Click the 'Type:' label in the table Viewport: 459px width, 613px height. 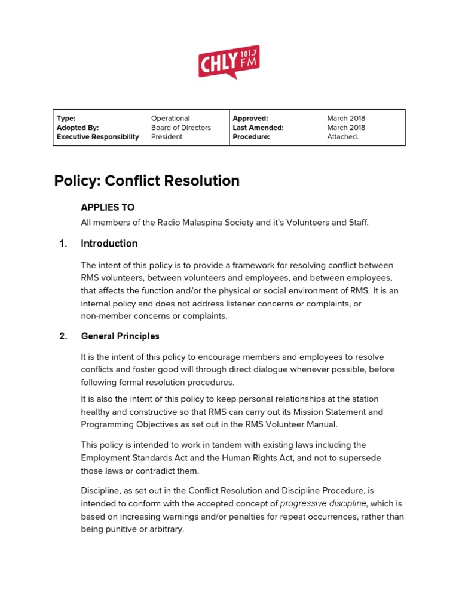click(66, 119)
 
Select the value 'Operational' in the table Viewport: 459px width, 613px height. click(170, 119)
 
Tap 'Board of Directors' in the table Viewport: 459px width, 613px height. click(180, 128)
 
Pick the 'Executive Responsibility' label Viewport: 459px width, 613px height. click(97, 137)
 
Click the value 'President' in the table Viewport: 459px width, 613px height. click(167, 137)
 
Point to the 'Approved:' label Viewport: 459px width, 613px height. click(250, 119)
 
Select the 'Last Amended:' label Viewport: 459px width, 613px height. click(258, 128)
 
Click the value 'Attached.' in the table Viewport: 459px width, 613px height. click(343, 137)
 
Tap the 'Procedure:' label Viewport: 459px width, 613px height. click(251, 137)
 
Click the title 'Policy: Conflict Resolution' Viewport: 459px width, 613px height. click(147, 181)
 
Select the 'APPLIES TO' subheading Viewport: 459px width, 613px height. click(108, 207)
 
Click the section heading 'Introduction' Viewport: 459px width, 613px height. click(109, 244)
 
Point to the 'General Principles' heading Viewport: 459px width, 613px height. click(120, 336)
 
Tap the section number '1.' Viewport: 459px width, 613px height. click(63, 244)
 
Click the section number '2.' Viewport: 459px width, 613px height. click(63, 336)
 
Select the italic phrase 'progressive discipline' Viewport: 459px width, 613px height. click(323, 503)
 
